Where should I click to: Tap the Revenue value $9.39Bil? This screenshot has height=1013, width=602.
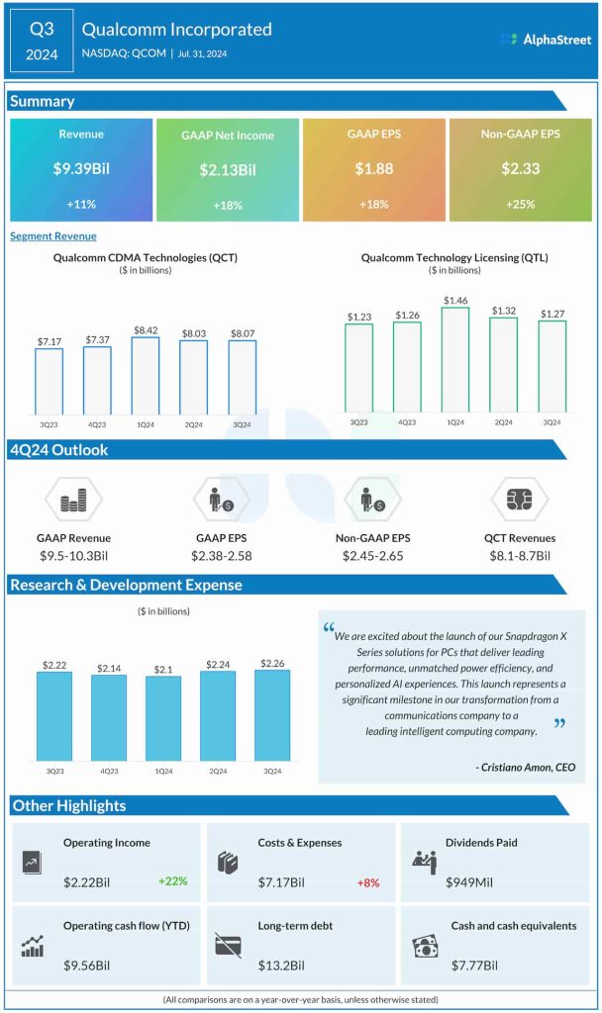point(81,169)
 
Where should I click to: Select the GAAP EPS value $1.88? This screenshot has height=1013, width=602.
point(374,169)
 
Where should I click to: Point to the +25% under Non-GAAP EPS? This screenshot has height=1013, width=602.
point(521,205)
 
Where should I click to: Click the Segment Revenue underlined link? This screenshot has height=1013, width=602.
point(53,236)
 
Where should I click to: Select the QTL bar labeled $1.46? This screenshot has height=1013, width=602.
point(455,359)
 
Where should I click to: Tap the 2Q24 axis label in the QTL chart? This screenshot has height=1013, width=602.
point(503,421)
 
